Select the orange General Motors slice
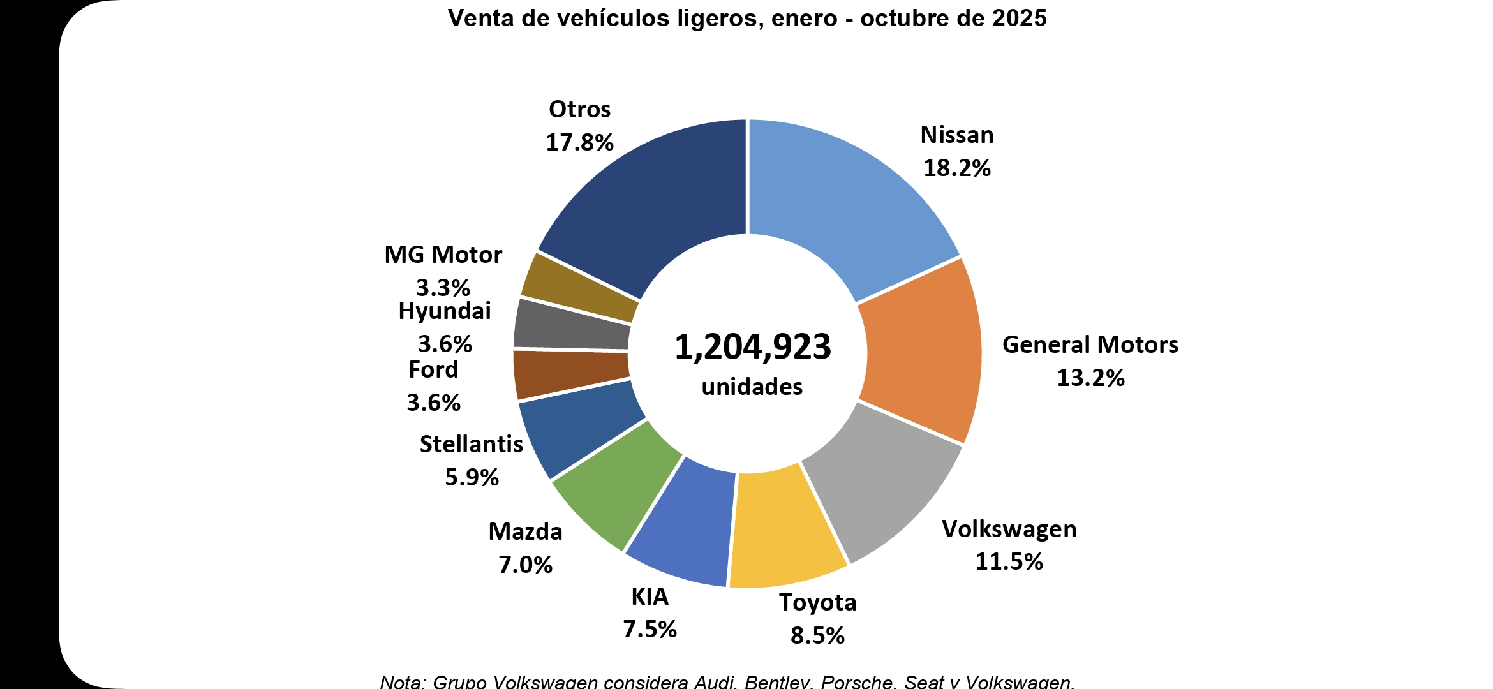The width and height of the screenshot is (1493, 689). click(922, 351)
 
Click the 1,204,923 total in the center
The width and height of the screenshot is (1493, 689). click(753, 347)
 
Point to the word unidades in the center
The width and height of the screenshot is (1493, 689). click(752, 387)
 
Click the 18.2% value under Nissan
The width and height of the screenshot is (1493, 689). click(957, 168)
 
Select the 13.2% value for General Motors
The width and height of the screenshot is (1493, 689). click(1090, 378)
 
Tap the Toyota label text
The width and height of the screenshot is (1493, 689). click(817, 603)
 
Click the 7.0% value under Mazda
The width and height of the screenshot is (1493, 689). click(525, 565)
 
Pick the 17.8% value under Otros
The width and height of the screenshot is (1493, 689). click(579, 143)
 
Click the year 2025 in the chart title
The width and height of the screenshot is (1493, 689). click(1019, 19)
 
